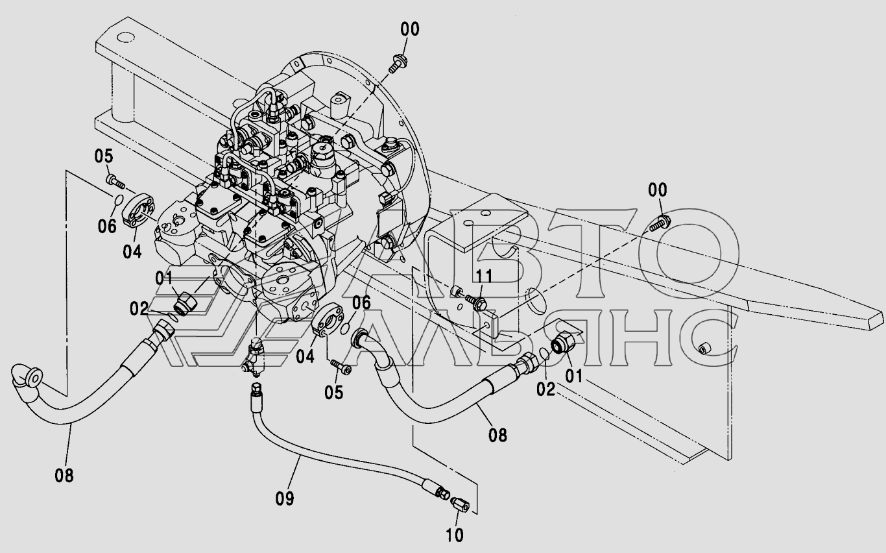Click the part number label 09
coord(285,498)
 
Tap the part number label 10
coord(455,535)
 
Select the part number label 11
coord(484,276)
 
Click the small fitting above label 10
coord(460,504)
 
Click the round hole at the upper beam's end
coord(126,38)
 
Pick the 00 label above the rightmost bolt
coord(658,190)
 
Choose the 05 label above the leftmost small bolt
coord(104,156)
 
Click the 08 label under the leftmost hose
coord(64,475)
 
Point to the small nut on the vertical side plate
coord(704,349)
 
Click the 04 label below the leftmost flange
coord(132,251)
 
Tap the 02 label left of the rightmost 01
coord(546,389)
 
